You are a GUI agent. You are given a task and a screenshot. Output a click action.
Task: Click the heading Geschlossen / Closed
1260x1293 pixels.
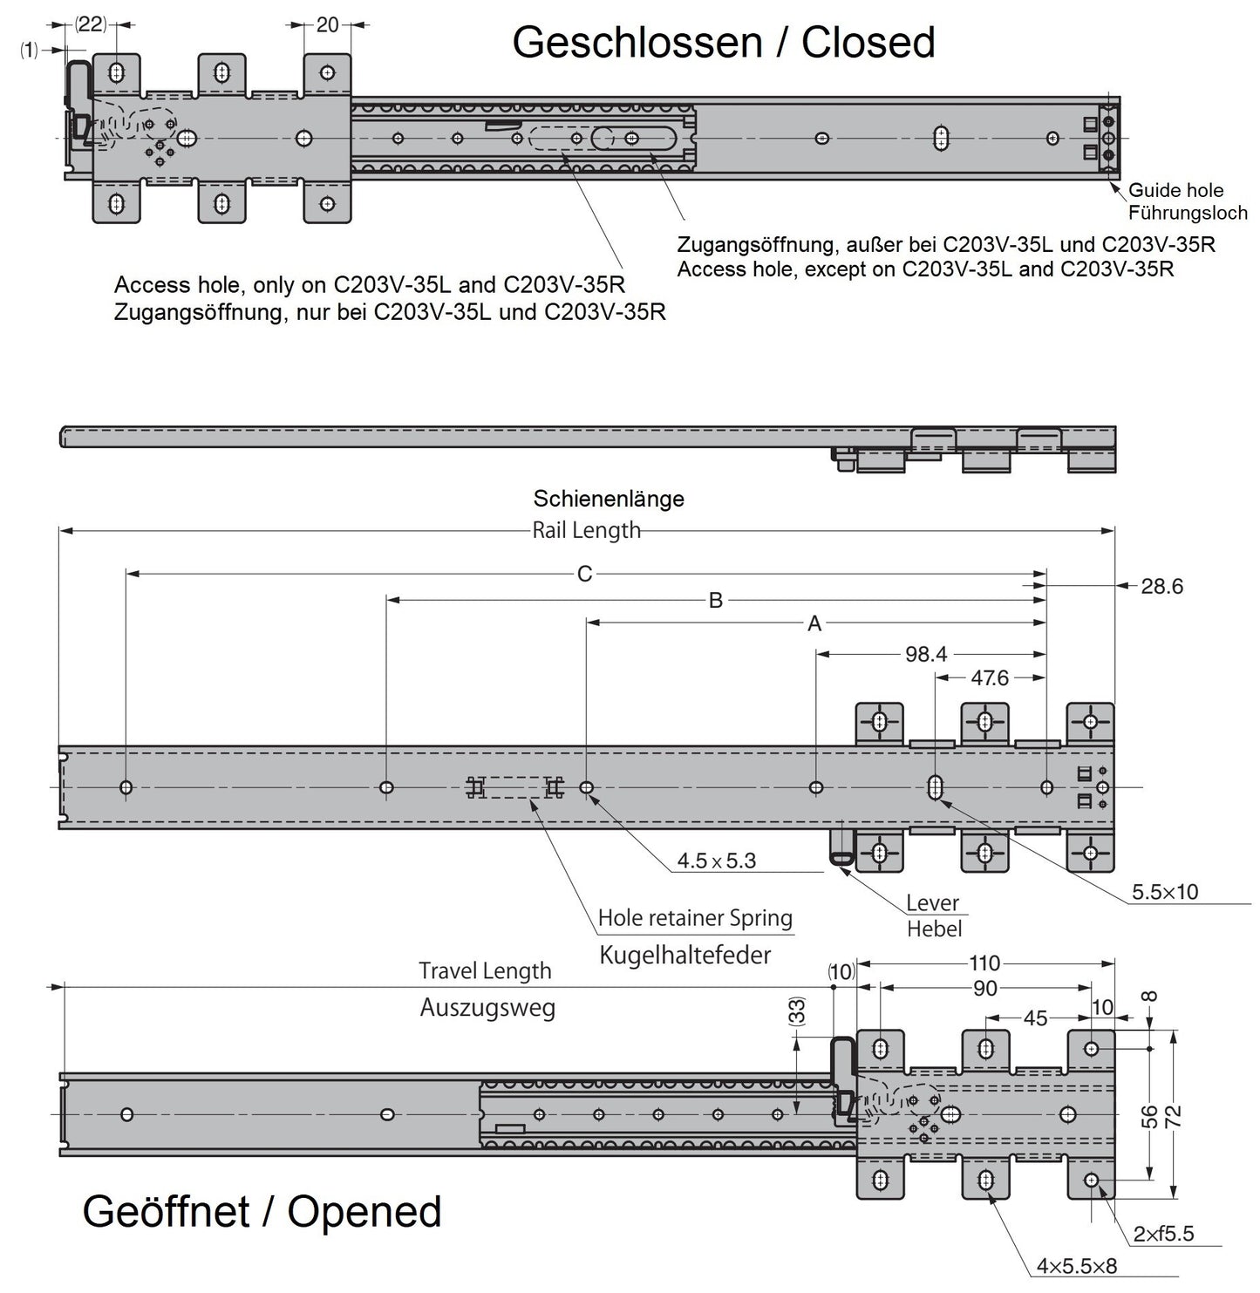pyautogui.click(x=724, y=42)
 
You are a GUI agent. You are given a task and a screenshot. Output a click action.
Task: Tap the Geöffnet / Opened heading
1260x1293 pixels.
pyautogui.click(x=262, y=1211)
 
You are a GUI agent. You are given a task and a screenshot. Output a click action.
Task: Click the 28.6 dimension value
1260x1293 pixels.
pyautogui.click(x=1161, y=586)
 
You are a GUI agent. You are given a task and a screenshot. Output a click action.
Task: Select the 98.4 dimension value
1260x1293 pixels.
pyautogui.click(x=925, y=654)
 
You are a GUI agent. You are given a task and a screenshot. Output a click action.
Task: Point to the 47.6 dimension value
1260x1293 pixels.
pyautogui.click(x=990, y=678)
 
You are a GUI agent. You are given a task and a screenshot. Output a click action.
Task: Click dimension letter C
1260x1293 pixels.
pyautogui.click(x=584, y=574)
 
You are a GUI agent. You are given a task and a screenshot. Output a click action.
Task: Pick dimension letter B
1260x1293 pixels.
pyautogui.click(x=715, y=600)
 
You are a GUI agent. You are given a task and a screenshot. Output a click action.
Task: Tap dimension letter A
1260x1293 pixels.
pyautogui.click(x=814, y=623)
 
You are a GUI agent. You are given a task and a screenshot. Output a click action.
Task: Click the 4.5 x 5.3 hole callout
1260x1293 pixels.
pyautogui.click(x=716, y=861)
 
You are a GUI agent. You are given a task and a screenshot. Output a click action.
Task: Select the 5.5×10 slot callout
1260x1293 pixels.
pyautogui.click(x=1164, y=891)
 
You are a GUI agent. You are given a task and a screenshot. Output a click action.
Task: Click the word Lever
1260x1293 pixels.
pyautogui.click(x=932, y=902)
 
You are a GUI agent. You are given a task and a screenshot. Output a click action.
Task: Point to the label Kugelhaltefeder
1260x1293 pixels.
pyautogui.click(x=685, y=955)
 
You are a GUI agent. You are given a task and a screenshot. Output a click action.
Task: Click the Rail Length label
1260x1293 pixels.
pyautogui.click(x=586, y=530)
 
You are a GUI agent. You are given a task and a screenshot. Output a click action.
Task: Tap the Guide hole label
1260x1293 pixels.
pyautogui.click(x=1175, y=190)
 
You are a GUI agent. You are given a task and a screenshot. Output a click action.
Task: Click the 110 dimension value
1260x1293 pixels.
pyautogui.click(x=984, y=963)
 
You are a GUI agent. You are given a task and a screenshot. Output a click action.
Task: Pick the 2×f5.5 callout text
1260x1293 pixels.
pyautogui.click(x=1163, y=1234)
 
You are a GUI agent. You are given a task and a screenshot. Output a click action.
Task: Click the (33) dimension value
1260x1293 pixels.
pyautogui.click(x=797, y=1011)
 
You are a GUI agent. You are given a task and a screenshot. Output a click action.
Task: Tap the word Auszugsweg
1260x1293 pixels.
pyautogui.click(x=487, y=1008)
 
